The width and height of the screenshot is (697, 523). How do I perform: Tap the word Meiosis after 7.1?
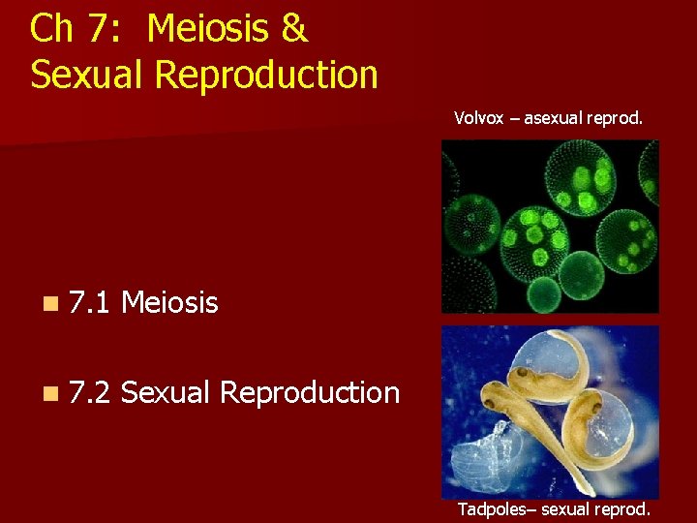pos(170,304)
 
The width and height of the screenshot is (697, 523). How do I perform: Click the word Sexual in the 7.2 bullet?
pos(166,392)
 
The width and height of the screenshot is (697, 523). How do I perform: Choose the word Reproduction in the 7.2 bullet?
pos(310,392)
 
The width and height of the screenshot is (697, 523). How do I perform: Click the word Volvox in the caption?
pos(474,119)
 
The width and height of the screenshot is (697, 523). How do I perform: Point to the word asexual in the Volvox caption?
pos(552,119)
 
